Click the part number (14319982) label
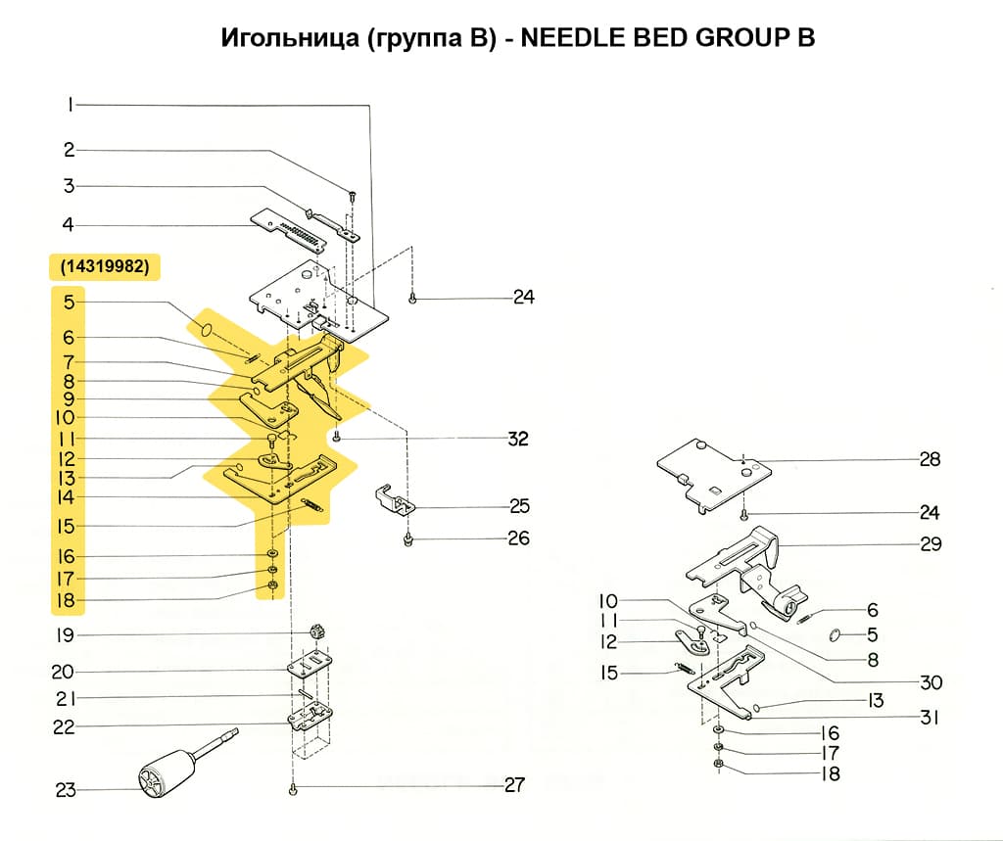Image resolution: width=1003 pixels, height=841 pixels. [104, 266]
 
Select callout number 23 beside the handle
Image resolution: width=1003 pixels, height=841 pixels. [66, 790]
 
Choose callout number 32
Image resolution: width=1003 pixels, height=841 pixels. [516, 439]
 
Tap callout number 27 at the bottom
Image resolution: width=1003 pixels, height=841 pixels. [513, 784]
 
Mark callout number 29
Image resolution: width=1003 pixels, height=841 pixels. [930, 543]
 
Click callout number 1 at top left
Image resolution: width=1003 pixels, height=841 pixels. [71, 104]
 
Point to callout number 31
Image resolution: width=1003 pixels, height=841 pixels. [930, 718]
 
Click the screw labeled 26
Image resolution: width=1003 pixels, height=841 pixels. [407, 539]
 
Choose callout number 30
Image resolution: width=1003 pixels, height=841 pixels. [930, 682]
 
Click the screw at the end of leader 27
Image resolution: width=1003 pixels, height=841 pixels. [293, 788]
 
